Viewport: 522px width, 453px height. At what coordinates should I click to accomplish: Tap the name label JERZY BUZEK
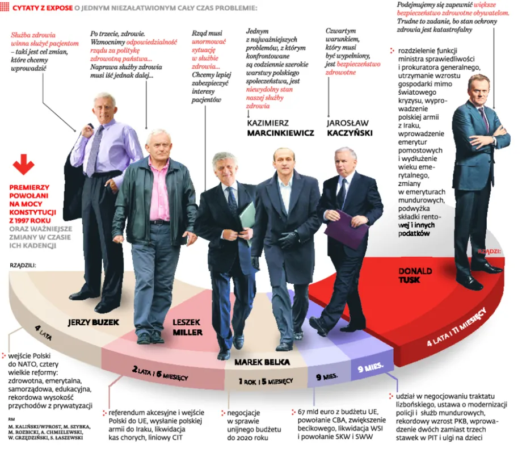pyautogui.click(x=94, y=322)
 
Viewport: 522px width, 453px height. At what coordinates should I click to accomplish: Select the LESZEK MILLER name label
pyautogui.click(x=187, y=326)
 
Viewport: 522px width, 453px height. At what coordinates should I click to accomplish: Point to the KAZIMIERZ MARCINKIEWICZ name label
pyautogui.click(x=280, y=128)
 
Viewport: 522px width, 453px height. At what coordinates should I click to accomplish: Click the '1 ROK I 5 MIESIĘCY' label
pyautogui.click(x=265, y=381)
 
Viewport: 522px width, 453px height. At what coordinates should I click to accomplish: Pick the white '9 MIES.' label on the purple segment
pyautogui.click(x=372, y=368)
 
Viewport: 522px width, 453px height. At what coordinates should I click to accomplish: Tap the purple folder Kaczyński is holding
pyautogui.click(x=346, y=228)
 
